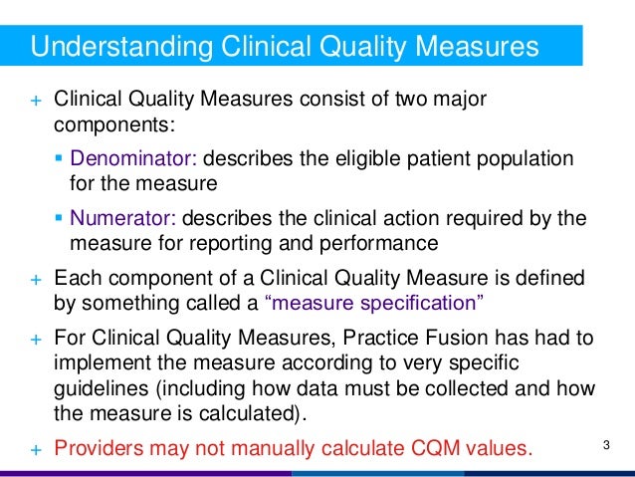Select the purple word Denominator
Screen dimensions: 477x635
pyautogui.click(x=124, y=159)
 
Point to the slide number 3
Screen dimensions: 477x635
pyautogui.click(x=606, y=443)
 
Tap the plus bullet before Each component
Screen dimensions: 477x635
pyautogui.click(x=34, y=278)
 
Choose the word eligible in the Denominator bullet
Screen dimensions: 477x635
pyautogui.click(x=358, y=159)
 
